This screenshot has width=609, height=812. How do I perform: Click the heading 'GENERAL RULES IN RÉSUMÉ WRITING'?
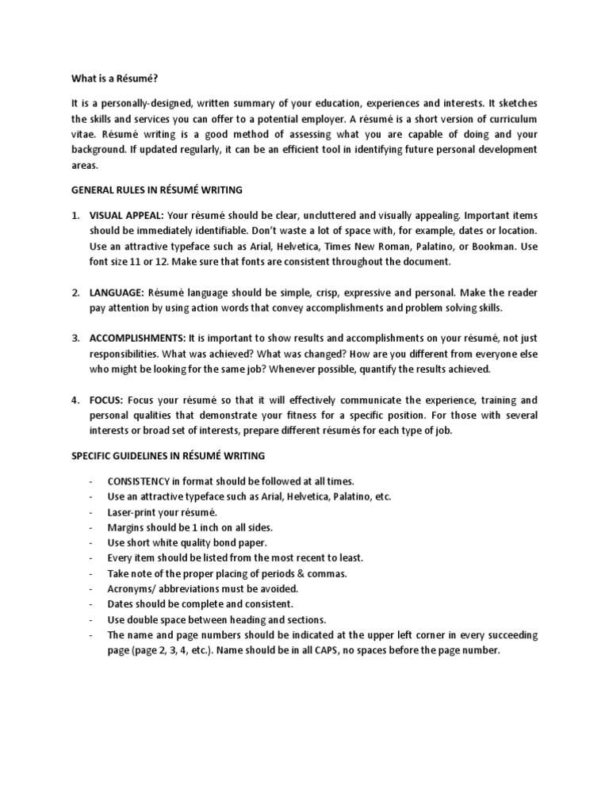click(x=157, y=190)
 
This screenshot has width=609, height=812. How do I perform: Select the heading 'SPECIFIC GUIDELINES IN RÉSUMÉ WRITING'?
click(x=168, y=456)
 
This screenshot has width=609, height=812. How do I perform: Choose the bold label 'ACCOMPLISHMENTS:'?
click(x=137, y=339)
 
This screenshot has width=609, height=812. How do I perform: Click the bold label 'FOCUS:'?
click(x=107, y=400)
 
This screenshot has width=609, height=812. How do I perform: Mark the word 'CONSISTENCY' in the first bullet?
click(x=139, y=481)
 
